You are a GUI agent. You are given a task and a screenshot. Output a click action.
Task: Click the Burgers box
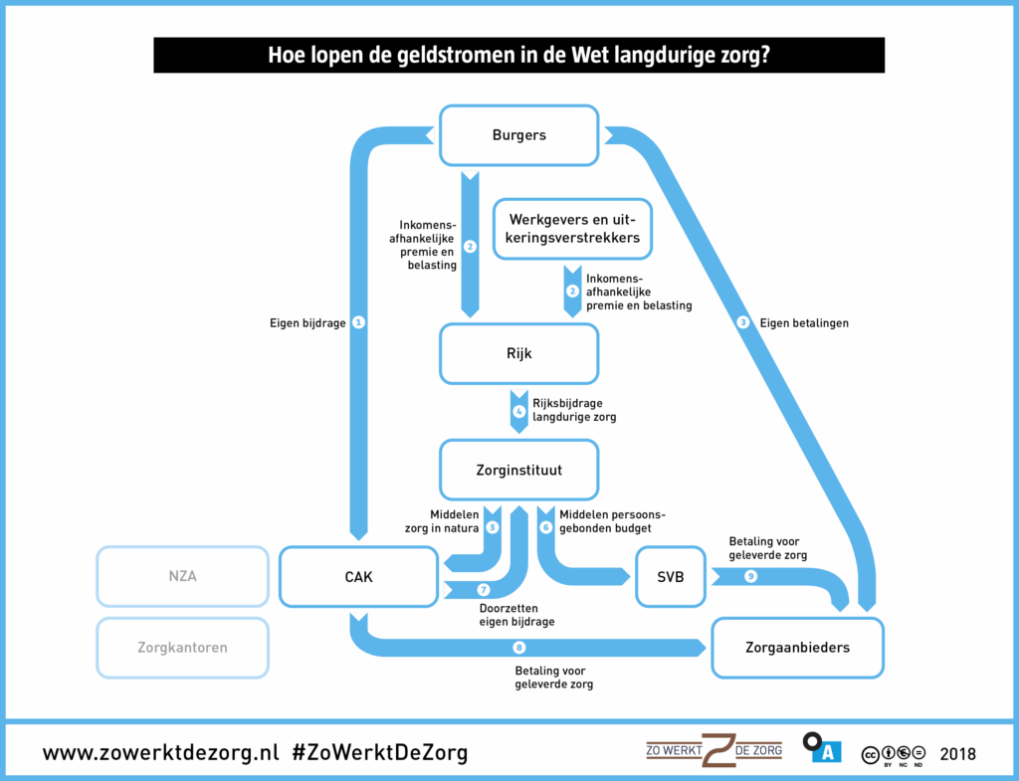pos(518,135)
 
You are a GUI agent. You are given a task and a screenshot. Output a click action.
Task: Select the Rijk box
pos(518,353)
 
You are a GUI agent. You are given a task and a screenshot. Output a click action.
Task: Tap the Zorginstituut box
pos(518,470)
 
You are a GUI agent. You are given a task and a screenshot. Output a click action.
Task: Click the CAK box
pos(358,576)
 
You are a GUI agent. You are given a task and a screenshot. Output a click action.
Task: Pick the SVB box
pos(672,576)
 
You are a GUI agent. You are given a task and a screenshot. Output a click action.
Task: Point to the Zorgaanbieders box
pos(797,648)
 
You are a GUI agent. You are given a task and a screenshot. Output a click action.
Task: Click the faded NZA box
pos(183,576)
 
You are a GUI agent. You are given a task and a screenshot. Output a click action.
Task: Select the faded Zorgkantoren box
pos(183,648)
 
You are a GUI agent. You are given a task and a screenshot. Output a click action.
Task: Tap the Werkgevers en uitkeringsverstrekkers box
pos(573,229)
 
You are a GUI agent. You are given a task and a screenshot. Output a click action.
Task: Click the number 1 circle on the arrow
pos(359,322)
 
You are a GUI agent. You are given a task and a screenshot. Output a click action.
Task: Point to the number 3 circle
pos(742,322)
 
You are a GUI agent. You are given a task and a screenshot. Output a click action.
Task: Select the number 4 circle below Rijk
pos(518,410)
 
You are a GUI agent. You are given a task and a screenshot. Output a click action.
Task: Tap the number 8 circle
pos(518,648)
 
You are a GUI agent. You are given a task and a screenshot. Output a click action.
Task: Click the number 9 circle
pos(750,576)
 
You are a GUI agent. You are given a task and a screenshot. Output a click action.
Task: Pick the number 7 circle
pos(484,589)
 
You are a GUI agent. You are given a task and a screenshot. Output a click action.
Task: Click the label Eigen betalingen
pos(804,322)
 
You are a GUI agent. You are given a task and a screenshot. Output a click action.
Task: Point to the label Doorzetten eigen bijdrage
pos(516,614)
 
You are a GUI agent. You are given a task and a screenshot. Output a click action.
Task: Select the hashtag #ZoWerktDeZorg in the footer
pos(379,752)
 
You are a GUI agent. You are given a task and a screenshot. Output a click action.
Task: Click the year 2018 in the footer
pos(957,753)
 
